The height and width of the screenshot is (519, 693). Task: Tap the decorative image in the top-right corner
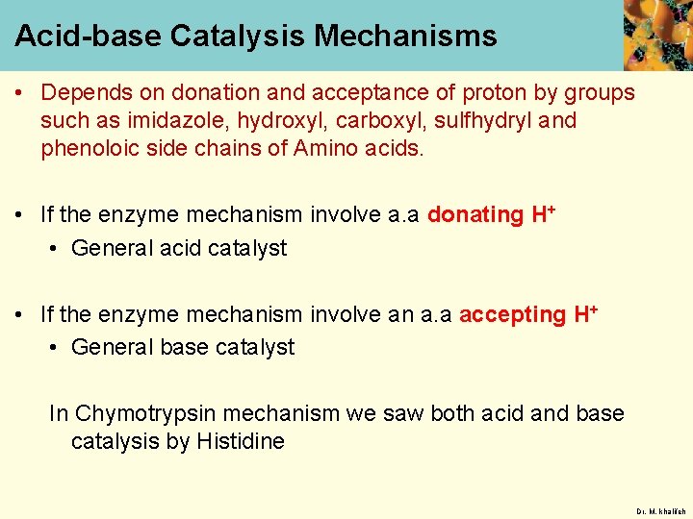(x=657, y=35)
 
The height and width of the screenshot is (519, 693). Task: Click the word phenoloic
(x=88, y=149)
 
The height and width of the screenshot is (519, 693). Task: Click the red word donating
(x=475, y=214)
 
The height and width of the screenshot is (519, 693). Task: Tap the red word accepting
(x=512, y=314)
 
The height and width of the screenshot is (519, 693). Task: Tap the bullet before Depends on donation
(x=19, y=93)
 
